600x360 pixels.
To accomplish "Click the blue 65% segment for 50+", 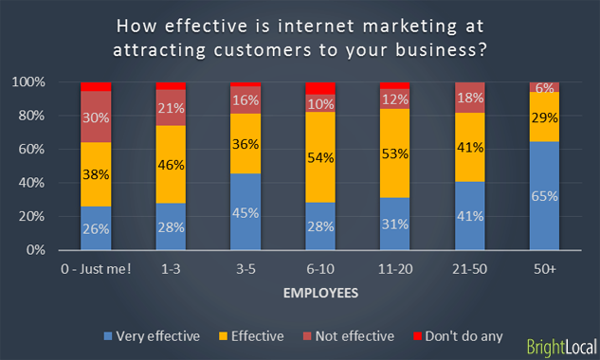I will click(x=544, y=195).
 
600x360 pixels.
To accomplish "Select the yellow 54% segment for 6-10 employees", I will click(x=319, y=157).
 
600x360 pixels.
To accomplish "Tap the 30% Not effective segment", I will click(x=96, y=117).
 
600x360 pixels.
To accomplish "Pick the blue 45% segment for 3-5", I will click(x=245, y=211).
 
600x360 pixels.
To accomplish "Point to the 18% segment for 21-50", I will click(x=469, y=98).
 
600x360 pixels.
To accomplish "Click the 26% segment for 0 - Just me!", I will click(x=96, y=228).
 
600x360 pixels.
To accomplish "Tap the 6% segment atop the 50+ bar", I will click(x=544, y=87).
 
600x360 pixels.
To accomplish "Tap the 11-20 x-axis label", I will click(x=394, y=269).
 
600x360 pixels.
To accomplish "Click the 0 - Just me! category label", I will click(x=96, y=269).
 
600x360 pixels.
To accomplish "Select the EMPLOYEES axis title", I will click(x=320, y=294).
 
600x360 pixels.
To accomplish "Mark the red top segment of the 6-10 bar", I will click(x=319, y=88).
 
